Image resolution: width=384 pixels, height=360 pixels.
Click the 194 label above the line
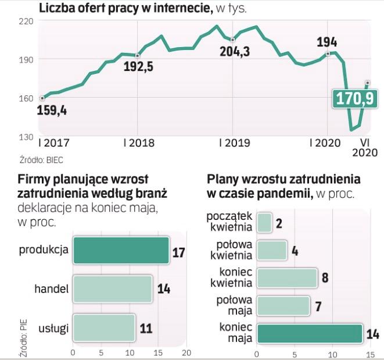pos(327,41)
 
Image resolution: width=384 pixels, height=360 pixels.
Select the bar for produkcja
pos(120,251)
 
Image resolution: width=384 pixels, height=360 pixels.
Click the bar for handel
pos(112,289)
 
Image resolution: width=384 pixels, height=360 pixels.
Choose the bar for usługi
pos(103,327)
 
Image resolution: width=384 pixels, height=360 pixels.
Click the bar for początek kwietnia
pos(264,222)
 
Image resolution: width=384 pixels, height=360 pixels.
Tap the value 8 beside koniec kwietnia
pos(325,278)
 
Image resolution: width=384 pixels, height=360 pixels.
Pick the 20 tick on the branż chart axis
pos(186,353)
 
